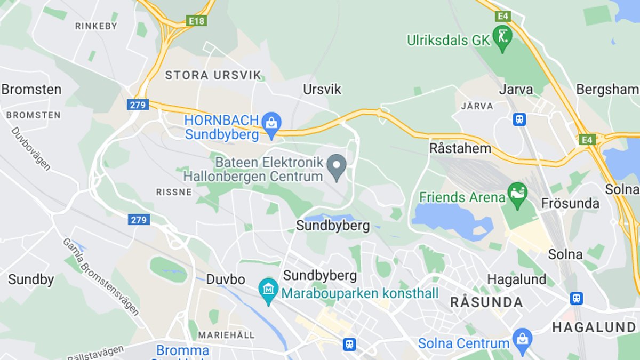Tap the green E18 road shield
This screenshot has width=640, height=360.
click(x=196, y=21)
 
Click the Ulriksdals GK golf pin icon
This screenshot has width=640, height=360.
click(x=502, y=38)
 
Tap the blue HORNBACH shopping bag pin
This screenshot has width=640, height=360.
click(x=271, y=125)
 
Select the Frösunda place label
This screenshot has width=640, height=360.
click(x=570, y=203)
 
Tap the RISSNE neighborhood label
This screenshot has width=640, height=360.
click(x=174, y=192)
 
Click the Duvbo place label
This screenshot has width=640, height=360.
click(x=226, y=279)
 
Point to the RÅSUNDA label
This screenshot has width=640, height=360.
click(x=486, y=302)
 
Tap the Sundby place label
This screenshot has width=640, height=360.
click(x=31, y=279)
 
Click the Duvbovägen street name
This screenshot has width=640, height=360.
click(x=30, y=148)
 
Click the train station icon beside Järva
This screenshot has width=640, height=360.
click(x=519, y=119)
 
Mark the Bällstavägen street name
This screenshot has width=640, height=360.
click(x=96, y=353)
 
